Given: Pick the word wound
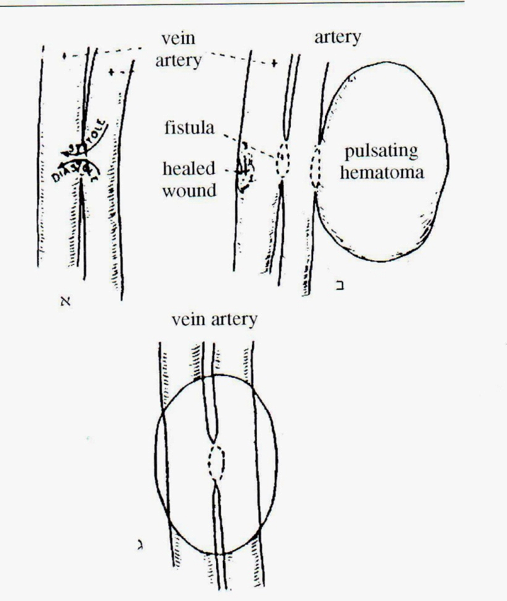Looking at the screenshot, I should pos(189,190).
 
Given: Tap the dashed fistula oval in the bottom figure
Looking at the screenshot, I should pos(216,462).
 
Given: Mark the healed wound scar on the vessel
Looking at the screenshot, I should pos(246,169).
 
